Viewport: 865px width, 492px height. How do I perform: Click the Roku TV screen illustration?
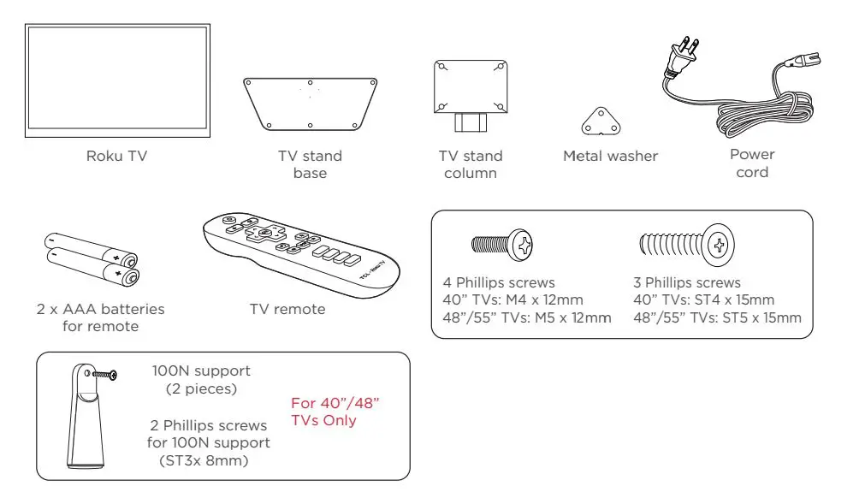coord(117,81)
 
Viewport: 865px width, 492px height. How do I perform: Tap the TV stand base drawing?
coord(310,104)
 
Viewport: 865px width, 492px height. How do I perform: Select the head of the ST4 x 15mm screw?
coord(719,246)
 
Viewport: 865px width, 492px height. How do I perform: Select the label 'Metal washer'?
coord(610,156)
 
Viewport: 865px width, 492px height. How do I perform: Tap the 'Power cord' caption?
coord(752,163)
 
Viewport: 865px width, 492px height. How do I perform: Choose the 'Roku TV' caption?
coord(116,156)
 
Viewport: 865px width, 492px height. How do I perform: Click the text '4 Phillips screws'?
coord(499,282)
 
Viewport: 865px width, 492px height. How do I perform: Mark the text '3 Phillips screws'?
coord(687,282)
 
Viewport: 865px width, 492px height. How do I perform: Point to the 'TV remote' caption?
coord(287,309)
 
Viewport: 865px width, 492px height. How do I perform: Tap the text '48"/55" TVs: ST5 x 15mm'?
coord(717,318)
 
